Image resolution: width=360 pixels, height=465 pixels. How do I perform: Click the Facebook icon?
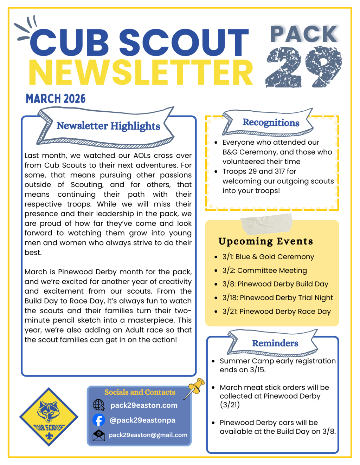point(99,420)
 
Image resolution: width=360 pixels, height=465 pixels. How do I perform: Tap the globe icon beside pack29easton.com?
point(99,405)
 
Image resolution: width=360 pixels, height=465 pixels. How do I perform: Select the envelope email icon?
point(99,435)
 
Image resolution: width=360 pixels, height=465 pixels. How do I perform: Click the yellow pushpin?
point(195,387)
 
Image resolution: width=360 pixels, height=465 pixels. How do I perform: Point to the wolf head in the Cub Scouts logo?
point(49,411)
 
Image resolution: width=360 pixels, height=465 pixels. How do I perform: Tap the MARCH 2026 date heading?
point(56,99)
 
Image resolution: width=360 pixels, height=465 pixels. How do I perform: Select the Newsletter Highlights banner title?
point(108,126)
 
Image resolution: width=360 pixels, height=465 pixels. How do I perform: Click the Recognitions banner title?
point(271,123)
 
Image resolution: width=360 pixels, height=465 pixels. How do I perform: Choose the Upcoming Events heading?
point(265,241)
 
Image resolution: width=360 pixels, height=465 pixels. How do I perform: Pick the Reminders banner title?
point(275,343)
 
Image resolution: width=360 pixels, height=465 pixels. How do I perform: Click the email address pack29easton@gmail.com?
point(148,435)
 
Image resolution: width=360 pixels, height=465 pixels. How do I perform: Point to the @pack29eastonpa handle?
point(142,420)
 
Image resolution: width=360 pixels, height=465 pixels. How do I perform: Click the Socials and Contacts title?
point(140,392)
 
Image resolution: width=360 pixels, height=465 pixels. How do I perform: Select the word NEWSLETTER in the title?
point(141,73)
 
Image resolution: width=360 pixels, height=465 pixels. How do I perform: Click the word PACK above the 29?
point(304,34)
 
